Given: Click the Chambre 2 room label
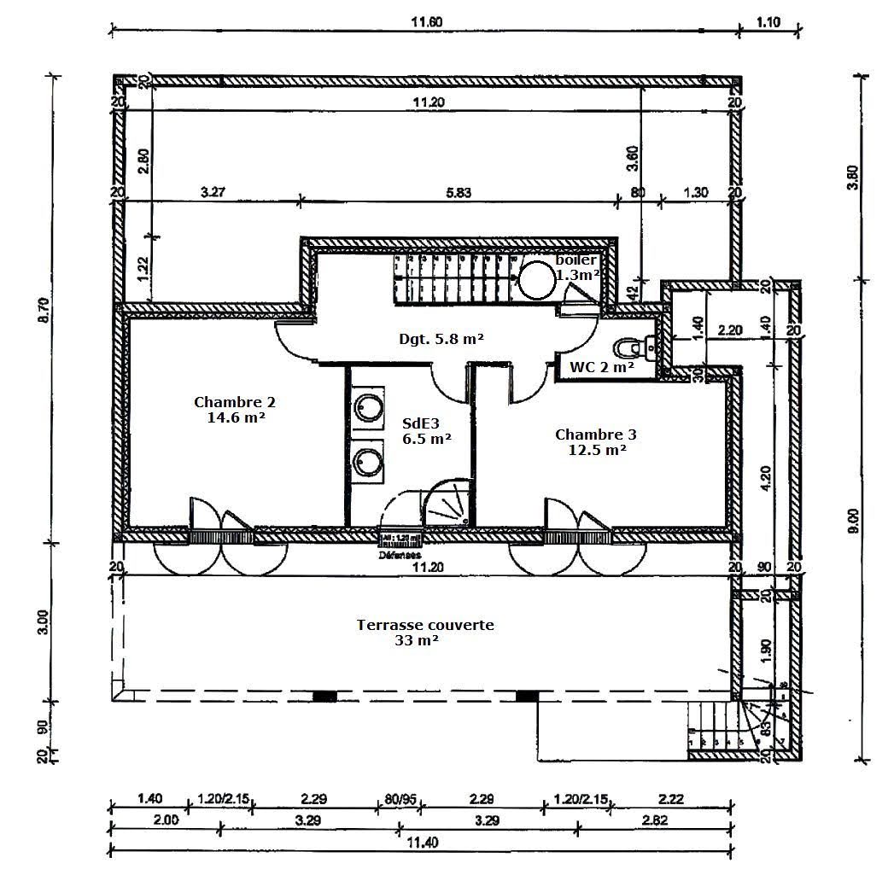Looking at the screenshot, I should click(234, 410).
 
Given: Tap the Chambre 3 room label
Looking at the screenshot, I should click(596, 441).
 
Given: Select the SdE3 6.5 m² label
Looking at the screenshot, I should click(427, 431).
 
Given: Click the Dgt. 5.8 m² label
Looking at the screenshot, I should click(442, 339).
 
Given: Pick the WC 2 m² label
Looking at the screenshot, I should click(601, 367).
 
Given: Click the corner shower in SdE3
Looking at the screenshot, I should click(447, 504).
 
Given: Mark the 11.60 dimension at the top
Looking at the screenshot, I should click(424, 23).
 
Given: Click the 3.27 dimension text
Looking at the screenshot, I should click(213, 193).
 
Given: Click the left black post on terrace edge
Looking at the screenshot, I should click(324, 697).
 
